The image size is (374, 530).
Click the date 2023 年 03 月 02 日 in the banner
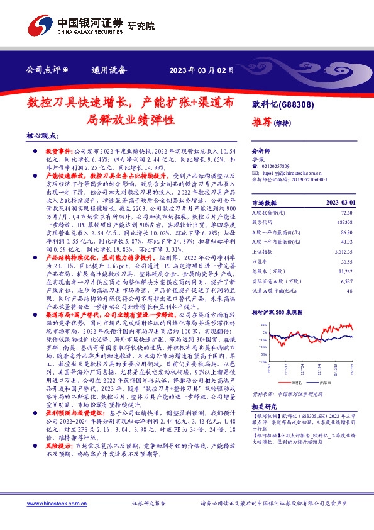point(202,70)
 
